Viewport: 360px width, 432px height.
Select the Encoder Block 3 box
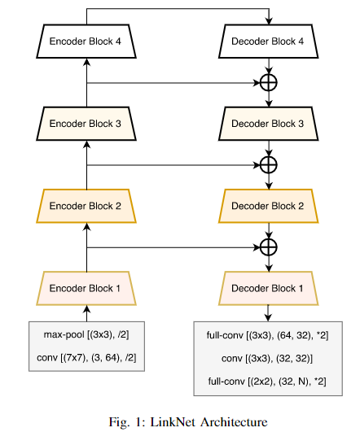86,124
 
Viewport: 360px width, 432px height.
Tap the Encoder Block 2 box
86,206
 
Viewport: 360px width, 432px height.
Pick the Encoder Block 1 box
86,288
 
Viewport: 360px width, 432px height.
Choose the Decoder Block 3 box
268,124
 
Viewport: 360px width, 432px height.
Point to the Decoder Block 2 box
268,206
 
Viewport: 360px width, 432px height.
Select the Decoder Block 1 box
268,288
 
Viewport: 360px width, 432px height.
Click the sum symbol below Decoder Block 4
268,82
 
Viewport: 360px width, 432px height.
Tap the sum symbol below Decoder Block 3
268,164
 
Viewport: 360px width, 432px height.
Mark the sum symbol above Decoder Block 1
268,247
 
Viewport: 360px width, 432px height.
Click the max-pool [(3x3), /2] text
86,334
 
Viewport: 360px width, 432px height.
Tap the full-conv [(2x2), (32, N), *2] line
268,380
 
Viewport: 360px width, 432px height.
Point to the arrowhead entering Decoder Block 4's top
268,20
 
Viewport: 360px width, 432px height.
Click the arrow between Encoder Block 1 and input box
86,312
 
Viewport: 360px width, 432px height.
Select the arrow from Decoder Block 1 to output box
268,312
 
